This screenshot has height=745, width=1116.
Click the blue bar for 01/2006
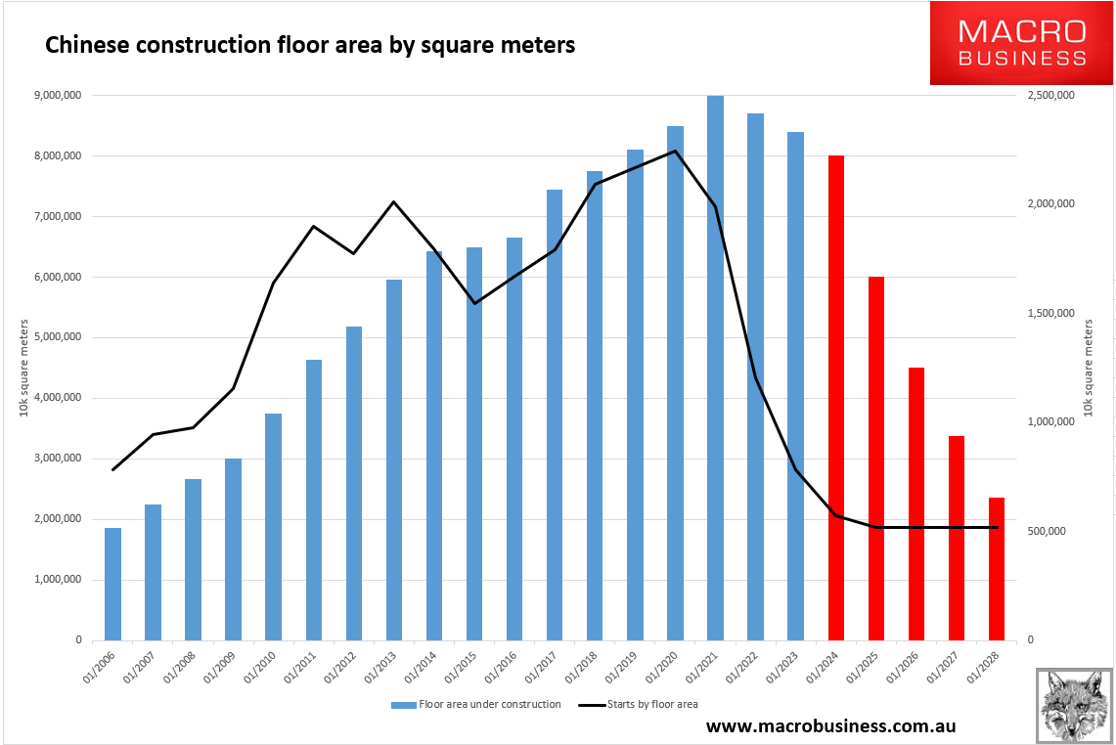point(112,584)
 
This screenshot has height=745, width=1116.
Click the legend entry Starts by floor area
point(637,704)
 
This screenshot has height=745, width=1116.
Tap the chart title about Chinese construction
point(306,45)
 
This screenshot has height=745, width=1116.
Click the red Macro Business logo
point(1021,43)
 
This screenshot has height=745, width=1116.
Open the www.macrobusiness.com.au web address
point(829,726)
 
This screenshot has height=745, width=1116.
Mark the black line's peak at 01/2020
point(675,151)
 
